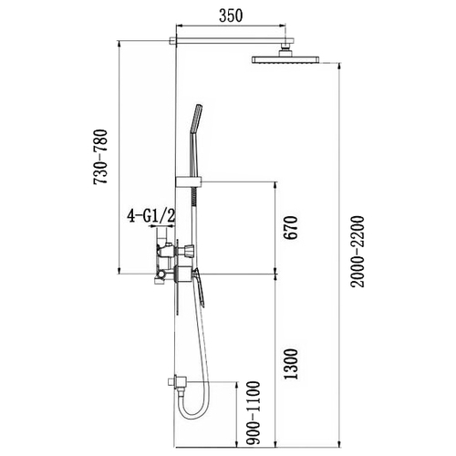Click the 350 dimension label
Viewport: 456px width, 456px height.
pos(231,16)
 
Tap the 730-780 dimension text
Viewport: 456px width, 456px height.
pos(100,157)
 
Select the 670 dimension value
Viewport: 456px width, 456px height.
pos(291,228)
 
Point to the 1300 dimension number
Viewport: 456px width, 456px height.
pos(290,364)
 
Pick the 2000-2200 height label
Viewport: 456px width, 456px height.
pos(357,252)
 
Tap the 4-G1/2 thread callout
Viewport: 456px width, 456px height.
pos(151,216)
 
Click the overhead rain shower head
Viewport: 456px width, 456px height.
pos(285,59)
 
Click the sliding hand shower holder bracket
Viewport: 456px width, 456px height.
pos(189,181)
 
